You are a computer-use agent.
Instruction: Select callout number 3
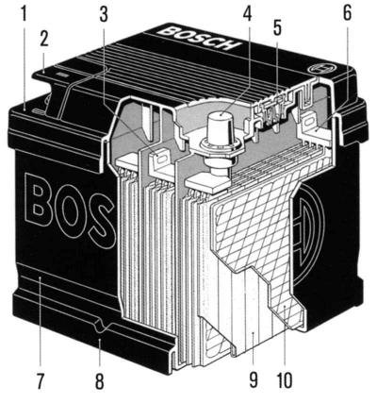[x=104, y=14]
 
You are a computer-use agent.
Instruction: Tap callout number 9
[x=254, y=379]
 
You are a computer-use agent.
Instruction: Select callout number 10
[x=285, y=379]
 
